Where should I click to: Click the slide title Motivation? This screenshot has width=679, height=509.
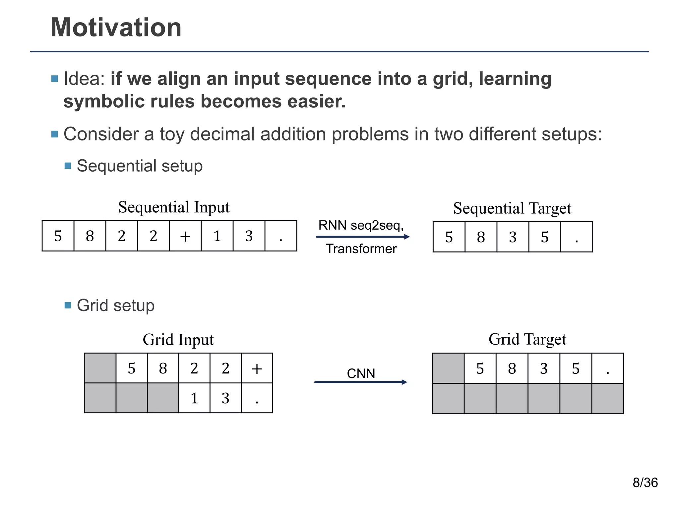[116, 28]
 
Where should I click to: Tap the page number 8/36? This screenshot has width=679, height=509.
[645, 482]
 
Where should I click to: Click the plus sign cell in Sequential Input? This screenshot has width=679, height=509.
[185, 236]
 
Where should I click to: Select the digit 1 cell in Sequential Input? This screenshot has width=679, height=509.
[217, 236]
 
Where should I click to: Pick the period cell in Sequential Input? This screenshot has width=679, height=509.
[281, 236]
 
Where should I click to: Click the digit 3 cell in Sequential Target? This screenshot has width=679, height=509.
[513, 237]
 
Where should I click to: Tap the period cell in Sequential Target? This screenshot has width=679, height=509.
[577, 237]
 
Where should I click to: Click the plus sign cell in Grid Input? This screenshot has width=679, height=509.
[257, 368]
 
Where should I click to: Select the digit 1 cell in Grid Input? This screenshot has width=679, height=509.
[194, 398]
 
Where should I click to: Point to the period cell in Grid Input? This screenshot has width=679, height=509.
[257, 398]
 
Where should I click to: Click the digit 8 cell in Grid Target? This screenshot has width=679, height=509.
[512, 368]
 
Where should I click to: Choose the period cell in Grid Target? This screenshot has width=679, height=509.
[608, 368]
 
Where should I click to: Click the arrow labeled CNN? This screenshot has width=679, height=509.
[361, 382]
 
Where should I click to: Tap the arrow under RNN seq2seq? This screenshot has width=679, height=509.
[363, 237]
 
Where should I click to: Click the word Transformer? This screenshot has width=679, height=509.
[361, 249]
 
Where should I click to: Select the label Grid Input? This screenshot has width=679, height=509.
[178, 340]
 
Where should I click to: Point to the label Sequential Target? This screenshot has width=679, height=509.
[512, 208]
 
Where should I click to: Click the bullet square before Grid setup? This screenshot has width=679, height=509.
[68, 305]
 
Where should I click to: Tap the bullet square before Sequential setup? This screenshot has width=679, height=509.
[68, 166]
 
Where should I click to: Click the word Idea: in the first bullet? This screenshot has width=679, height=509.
[84, 79]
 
